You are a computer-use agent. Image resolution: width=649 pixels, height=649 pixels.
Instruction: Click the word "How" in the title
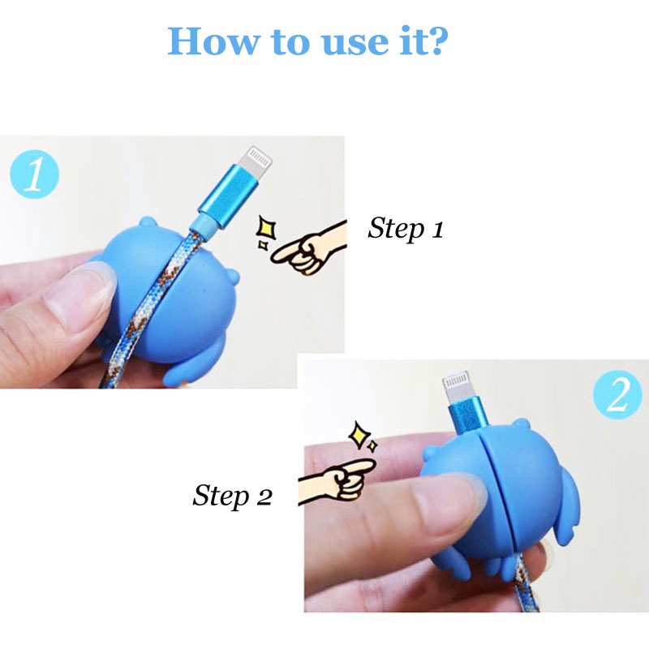point(213,41)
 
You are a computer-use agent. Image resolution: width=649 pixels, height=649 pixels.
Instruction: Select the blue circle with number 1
point(34,174)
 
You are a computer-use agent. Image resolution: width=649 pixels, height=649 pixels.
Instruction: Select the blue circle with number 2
point(618,393)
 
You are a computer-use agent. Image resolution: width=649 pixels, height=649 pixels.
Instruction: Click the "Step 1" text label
point(406,228)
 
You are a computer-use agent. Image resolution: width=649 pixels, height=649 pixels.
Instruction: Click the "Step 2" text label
point(232,496)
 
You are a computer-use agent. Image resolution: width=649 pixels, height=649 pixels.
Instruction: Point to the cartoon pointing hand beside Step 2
point(337,481)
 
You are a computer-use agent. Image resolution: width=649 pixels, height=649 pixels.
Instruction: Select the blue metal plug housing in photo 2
point(468,414)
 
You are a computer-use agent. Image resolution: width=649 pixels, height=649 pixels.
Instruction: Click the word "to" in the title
point(290,43)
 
